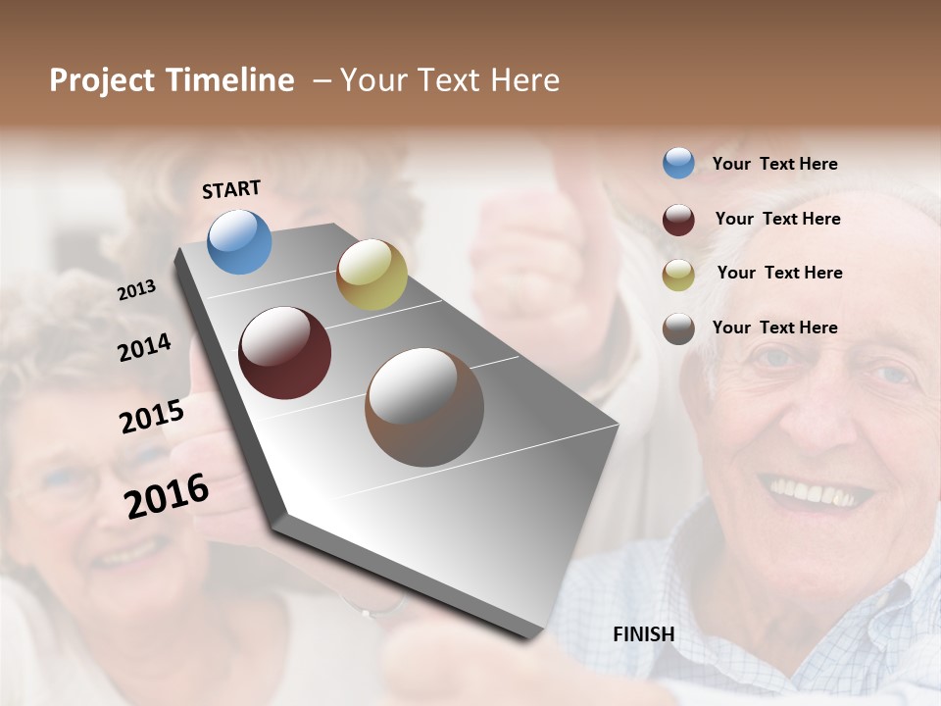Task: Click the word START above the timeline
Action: pyautogui.click(x=231, y=189)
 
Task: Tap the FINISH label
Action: pyautogui.click(x=644, y=634)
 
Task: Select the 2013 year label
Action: pyautogui.click(x=137, y=289)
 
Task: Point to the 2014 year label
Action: pyautogui.click(x=144, y=348)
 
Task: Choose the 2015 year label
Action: pyautogui.click(x=152, y=417)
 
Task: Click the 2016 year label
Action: pyautogui.click(x=167, y=495)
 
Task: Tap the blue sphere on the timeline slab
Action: pyautogui.click(x=240, y=241)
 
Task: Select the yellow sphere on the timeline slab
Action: pyautogui.click(x=371, y=275)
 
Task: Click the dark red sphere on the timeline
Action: pyautogui.click(x=285, y=353)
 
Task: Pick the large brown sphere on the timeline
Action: pyautogui.click(x=424, y=407)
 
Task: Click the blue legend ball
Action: pyautogui.click(x=678, y=163)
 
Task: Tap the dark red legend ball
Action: pyautogui.click(x=678, y=219)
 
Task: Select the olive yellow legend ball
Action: pyautogui.click(x=678, y=274)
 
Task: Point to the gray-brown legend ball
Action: pyautogui.click(x=678, y=328)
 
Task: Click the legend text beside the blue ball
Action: pyautogui.click(x=774, y=164)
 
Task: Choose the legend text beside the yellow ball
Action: pyautogui.click(x=779, y=273)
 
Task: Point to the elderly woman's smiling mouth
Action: pyautogui.click(x=127, y=557)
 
